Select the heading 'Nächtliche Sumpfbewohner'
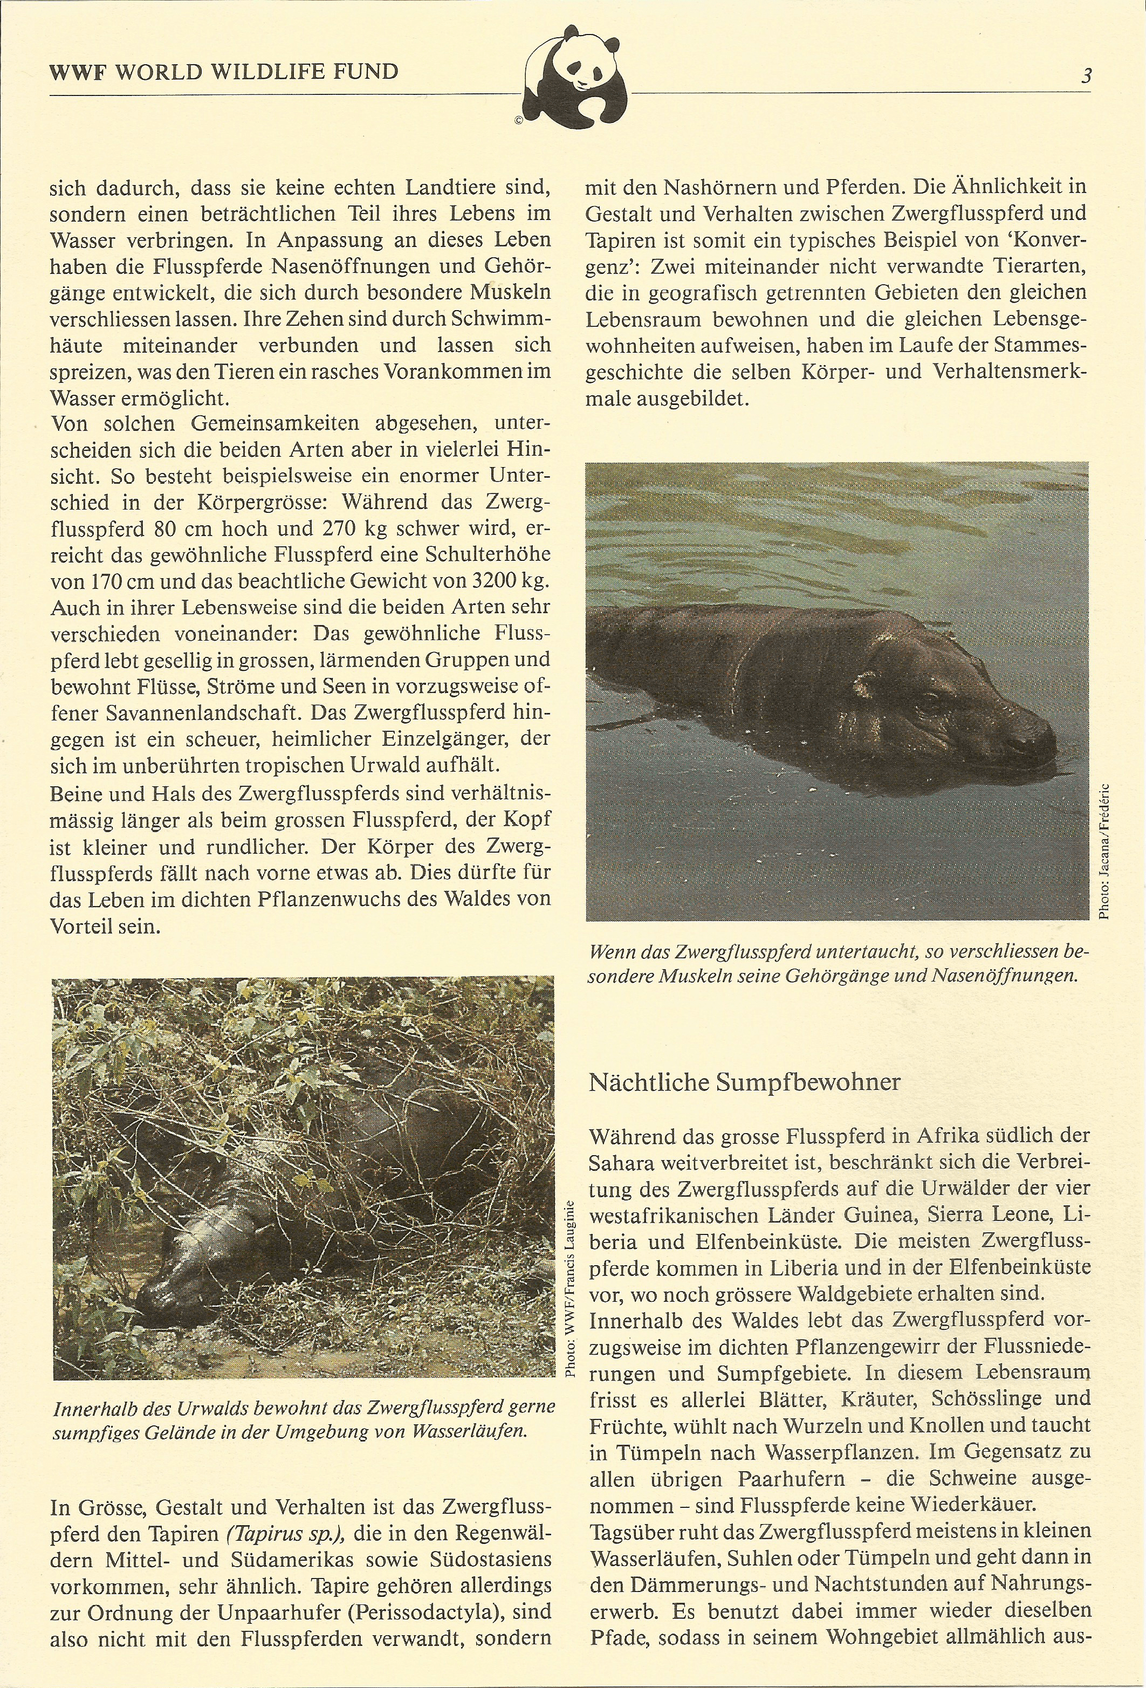(x=744, y=1081)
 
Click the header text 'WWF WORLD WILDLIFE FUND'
(x=224, y=71)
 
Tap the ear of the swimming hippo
(x=865, y=683)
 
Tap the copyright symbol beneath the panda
(x=519, y=121)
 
